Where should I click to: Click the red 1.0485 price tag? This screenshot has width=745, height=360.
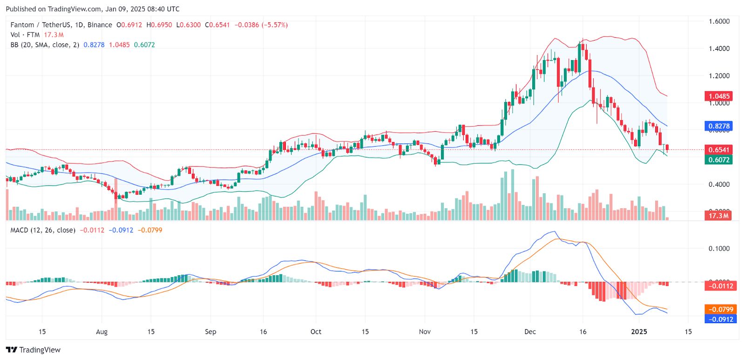point(719,96)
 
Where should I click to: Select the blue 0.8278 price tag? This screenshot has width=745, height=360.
point(719,126)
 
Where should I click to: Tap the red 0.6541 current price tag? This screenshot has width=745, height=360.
point(719,149)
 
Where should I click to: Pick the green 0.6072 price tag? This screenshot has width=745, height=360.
point(719,160)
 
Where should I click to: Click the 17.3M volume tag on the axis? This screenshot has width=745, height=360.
point(718,216)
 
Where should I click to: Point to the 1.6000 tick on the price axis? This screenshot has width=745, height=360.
point(719,21)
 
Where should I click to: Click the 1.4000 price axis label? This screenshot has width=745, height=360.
point(719,48)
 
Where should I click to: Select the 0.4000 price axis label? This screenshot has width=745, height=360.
point(719,184)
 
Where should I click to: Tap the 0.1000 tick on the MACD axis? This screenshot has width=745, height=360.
point(719,249)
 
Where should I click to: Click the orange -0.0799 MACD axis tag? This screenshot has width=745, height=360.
point(720,309)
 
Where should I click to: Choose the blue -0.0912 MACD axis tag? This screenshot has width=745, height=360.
point(720,319)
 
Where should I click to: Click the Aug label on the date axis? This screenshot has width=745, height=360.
point(102,332)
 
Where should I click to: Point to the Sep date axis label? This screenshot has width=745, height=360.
point(210,332)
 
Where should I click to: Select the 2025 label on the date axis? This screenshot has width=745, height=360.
point(639,332)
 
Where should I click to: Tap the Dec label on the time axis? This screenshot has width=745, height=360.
point(530,332)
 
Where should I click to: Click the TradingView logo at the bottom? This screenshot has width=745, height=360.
point(33,350)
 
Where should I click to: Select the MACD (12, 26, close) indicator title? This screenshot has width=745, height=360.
point(43,230)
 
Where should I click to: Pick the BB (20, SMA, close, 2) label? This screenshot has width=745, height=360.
point(45,45)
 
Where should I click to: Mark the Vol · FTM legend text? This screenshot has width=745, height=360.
point(25,35)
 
